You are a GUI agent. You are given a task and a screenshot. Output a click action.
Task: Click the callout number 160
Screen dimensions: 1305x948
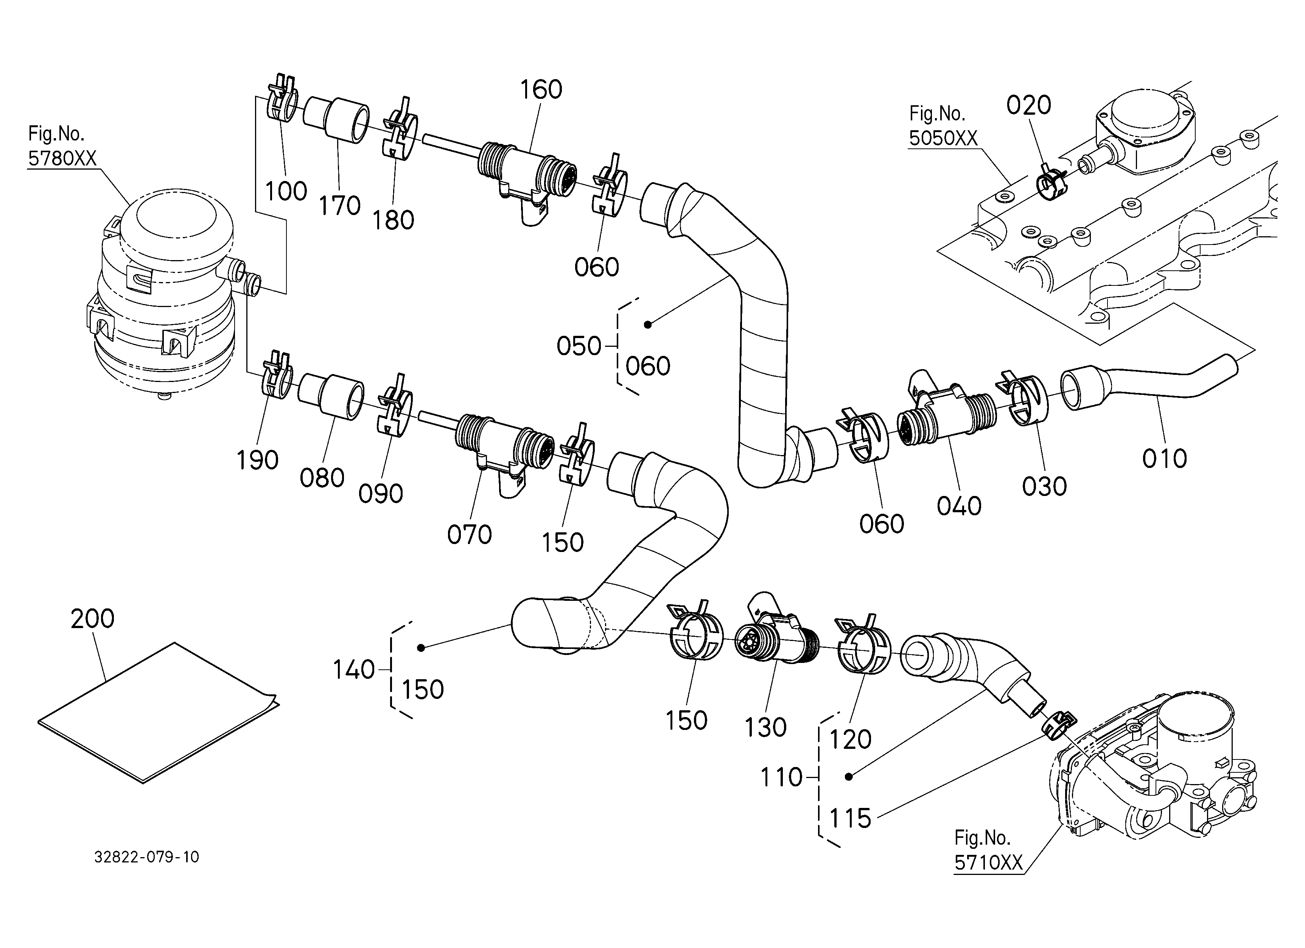[541, 90]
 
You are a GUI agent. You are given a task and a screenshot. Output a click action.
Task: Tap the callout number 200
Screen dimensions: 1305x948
[93, 618]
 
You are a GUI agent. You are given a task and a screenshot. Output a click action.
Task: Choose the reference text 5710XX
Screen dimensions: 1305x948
[989, 862]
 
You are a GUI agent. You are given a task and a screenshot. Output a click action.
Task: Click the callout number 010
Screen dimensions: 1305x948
[1165, 459]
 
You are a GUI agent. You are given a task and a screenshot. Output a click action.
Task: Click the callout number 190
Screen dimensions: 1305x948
[257, 460]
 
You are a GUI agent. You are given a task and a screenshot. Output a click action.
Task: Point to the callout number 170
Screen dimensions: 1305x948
[339, 206]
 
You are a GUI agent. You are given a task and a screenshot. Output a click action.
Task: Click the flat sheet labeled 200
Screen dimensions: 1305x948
[158, 713]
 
